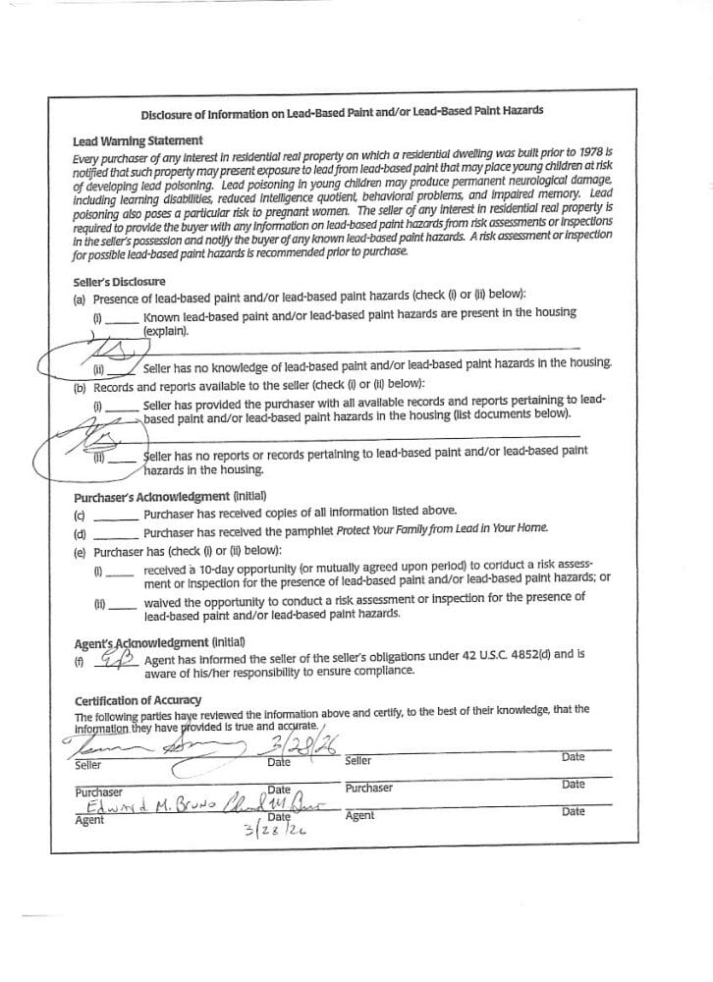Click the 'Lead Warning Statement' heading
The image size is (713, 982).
click(137, 140)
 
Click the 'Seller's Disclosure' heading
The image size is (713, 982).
click(119, 282)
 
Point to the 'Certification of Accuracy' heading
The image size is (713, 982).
click(137, 699)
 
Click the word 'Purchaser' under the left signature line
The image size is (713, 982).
click(98, 791)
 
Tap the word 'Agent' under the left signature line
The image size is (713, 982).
click(89, 820)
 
